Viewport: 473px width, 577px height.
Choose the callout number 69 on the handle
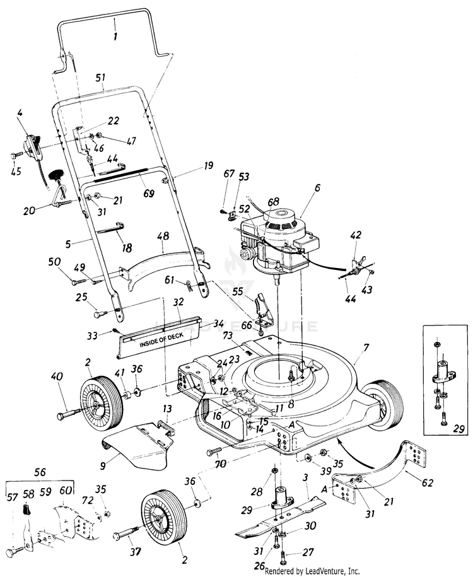click(x=148, y=193)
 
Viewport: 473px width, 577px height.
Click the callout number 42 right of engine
click(x=356, y=235)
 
